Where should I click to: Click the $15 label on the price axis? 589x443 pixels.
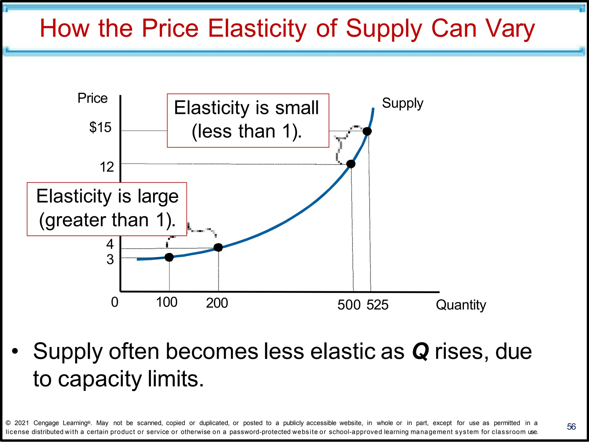tap(100, 127)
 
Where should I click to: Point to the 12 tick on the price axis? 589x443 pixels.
tap(107, 167)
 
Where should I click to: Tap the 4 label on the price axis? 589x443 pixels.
tap(110, 244)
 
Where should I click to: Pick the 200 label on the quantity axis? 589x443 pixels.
tap(217, 303)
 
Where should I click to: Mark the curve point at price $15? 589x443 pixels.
tap(367, 131)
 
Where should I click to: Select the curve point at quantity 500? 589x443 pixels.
tap(351, 164)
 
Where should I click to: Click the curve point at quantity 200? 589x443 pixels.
tap(218, 247)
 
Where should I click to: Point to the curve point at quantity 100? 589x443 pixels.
tap(169, 257)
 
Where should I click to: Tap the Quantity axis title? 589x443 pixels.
tap(461, 305)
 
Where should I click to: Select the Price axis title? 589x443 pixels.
tap(92, 98)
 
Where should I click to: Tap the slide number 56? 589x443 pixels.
tap(571, 427)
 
